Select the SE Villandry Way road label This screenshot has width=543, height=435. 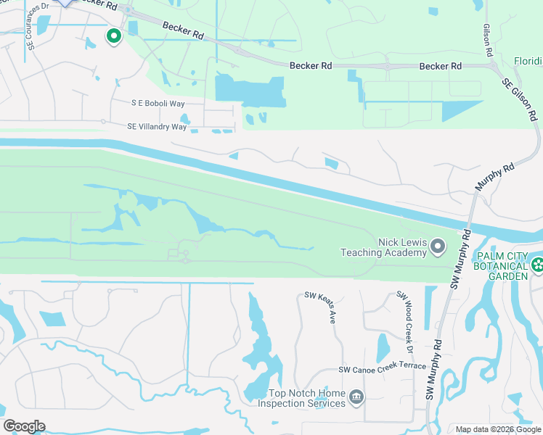click(157, 127)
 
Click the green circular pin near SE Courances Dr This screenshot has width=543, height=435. click(113, 35)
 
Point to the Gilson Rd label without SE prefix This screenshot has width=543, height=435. click(488, 42)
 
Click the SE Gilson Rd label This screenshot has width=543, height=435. click(520, 99)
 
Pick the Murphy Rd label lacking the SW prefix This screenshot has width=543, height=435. click(494, 176)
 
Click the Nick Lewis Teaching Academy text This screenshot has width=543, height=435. click(384, 247)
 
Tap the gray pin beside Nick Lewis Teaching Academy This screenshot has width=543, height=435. click(438, 248)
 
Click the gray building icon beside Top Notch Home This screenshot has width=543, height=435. click(356, 397)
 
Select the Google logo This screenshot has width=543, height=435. click(24, 426)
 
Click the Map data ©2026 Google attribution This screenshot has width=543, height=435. click(497, 429)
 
